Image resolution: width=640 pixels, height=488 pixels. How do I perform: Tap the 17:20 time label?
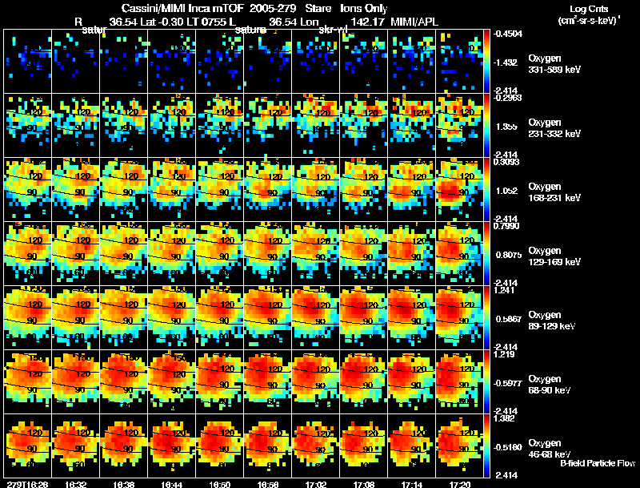click(x=459, y=484)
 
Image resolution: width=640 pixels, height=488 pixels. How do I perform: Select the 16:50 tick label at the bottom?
click(x=219, y=484)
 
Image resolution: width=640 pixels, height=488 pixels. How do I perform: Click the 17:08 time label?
click(x=363, y=484)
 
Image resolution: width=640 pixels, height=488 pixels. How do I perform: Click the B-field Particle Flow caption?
click(x=597, y=464)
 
